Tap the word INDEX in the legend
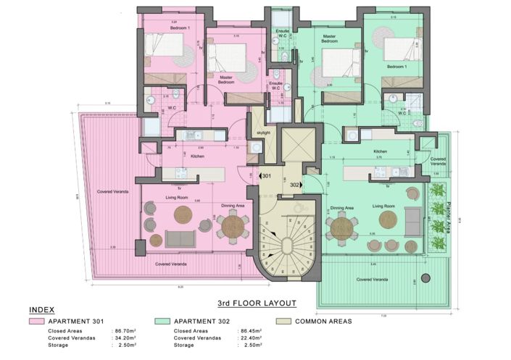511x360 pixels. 41,309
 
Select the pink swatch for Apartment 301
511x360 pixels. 33,321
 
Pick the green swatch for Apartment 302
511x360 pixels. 160,321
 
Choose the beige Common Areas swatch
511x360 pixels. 285,321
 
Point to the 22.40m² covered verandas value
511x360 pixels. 250,338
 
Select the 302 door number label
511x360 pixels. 295,185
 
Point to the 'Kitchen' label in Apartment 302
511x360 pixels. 381,151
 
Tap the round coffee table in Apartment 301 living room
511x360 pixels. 182,214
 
